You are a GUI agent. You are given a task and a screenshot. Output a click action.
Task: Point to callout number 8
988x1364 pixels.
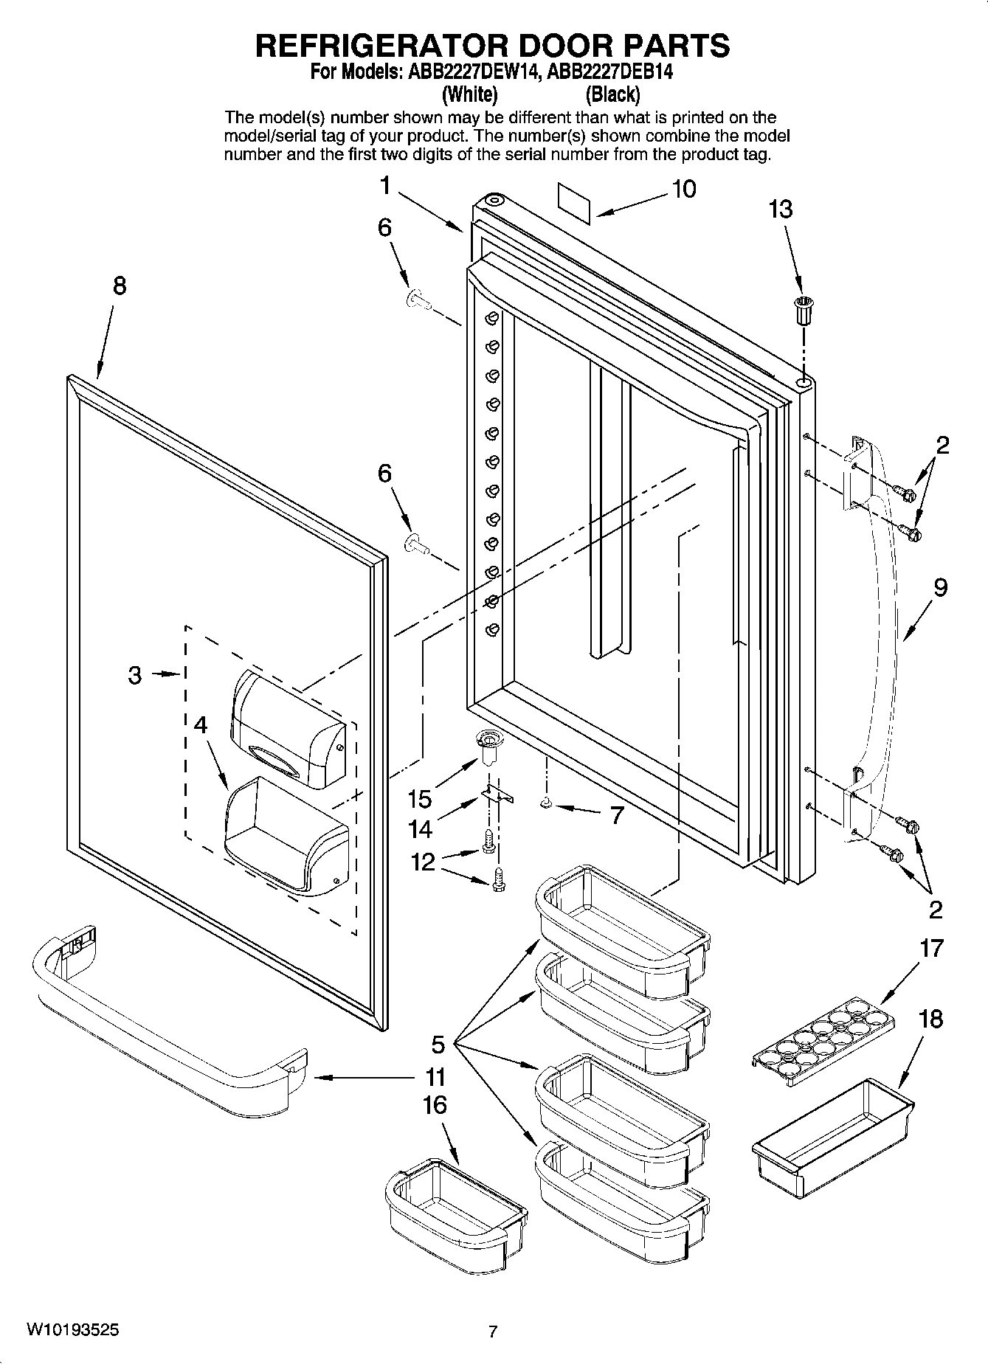[x=119, y=286]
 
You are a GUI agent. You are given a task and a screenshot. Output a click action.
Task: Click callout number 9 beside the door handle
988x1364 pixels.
[x=939, y=589]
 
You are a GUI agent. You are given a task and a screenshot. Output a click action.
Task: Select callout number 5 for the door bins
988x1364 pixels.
[x=438, y=1045]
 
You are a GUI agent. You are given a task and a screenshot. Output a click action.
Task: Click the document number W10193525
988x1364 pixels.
[x=72, y=1329]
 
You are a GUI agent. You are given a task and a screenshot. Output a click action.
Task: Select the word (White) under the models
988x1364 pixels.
[x=469, y=94]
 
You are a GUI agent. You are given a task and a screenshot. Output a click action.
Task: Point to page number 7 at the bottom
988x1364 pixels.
[x=493, y=1332]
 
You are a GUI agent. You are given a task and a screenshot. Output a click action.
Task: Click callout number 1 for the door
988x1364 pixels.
[x=385, y=186]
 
